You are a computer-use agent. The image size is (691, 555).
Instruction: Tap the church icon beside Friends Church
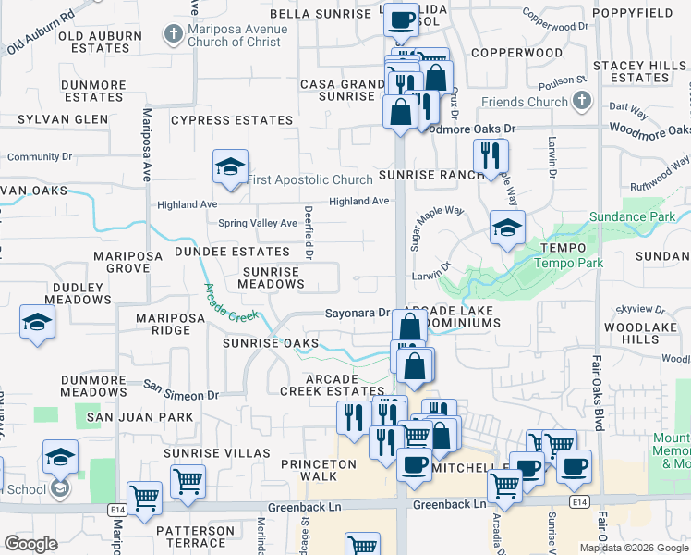point(581,102)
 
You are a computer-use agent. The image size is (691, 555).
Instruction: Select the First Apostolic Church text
point(310,179)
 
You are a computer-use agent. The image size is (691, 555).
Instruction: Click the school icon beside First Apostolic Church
point(230,166)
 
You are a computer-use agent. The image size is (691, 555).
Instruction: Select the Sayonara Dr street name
point(358,314)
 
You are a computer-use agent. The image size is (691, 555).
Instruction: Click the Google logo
point(31,545)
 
